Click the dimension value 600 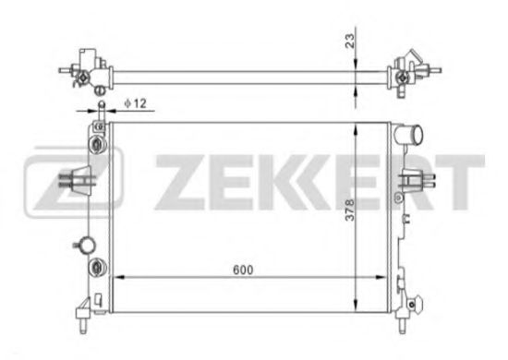click(x=243, y=269)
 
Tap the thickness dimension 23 click(x=350, y=40)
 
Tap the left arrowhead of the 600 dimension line click(x=114, y=278)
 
